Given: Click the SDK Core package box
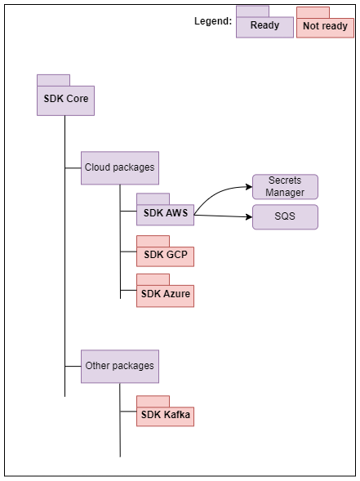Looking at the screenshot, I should [x=66, y=100].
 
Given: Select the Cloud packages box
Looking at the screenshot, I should [x=119, y=167].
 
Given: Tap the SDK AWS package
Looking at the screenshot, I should [x=165, y=214].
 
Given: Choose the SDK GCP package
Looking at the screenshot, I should [x=165, y=256].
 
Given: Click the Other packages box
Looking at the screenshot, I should [x=119, y=366].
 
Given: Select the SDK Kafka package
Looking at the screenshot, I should [x=165, y=416].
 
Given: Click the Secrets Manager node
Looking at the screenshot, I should [x=285, y=187].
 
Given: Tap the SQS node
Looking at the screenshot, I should [x=285, y=217].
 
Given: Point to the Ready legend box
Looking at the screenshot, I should [x=264, y=26].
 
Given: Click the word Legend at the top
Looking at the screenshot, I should [x=212, y=21].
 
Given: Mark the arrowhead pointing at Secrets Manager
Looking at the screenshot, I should [x=248, y=187].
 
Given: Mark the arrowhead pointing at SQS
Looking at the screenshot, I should [x=248, y=217].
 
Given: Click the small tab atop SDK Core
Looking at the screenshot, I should [x=53, y=80].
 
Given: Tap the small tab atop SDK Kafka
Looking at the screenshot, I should [x=153, y=401].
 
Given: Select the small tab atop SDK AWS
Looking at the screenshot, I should [x=153, y=198].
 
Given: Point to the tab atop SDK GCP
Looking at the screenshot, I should [x=153, y=241].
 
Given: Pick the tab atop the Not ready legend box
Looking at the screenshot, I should [x=313, y=11].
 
